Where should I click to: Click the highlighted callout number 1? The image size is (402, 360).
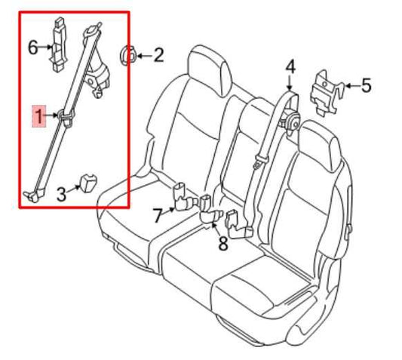click(38, 115)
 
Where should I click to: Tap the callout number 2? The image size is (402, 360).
click(158, 54)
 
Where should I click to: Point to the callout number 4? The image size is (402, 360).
click(290, 69)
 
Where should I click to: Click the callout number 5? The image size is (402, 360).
click(366, 85)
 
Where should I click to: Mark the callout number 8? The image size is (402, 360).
click(222, 243)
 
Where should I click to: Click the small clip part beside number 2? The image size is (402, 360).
click(128, 54)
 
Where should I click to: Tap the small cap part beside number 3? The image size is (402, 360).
click(91, 182)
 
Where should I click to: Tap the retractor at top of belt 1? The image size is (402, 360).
click(99, 75)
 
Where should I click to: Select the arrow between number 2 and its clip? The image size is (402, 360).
click(143, 54)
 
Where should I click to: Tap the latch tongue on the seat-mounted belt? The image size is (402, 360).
click(259, 160)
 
